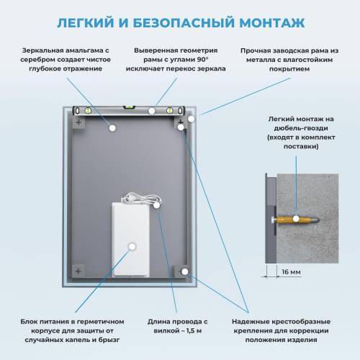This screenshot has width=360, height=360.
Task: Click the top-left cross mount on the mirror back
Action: click(79, 123)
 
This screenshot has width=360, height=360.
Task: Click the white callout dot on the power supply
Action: click(132, 246)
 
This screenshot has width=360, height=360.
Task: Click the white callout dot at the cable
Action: click(157, 204)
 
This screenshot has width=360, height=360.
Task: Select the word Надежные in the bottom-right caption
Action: click(253, 320)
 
